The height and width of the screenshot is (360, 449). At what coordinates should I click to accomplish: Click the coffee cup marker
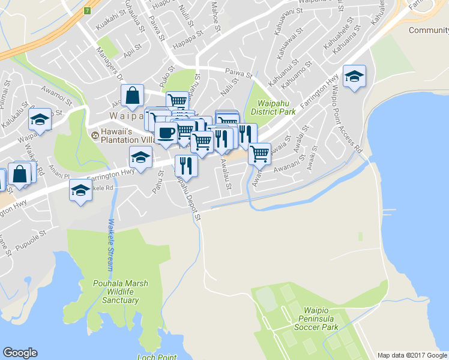point(166,133)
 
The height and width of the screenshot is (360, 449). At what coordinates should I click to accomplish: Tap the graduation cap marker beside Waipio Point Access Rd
point(354,77)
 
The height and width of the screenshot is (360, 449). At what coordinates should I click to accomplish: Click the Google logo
point(20,353)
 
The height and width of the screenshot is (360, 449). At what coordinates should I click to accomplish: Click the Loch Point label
point(157,357)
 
